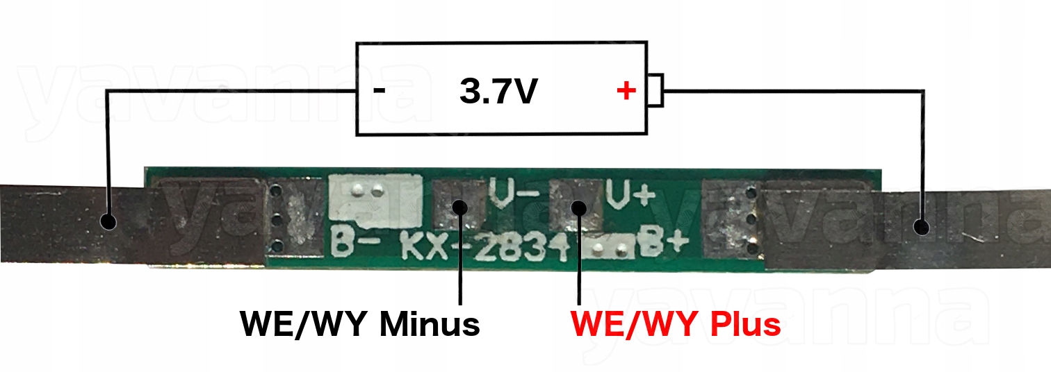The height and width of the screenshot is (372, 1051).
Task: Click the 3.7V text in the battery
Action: [x=498, y=92]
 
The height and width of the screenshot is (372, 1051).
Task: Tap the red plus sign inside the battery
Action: [x=626, y=90]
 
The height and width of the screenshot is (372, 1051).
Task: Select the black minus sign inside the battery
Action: [x=379, y=91]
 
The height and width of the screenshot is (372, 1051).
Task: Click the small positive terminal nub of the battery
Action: [x=655, y=90]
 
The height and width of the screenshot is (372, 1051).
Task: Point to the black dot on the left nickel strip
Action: [x=108, y=221]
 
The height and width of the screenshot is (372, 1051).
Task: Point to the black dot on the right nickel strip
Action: [x=921, y=226]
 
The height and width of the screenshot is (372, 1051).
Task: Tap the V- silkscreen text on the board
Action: [x=514, y=194]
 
